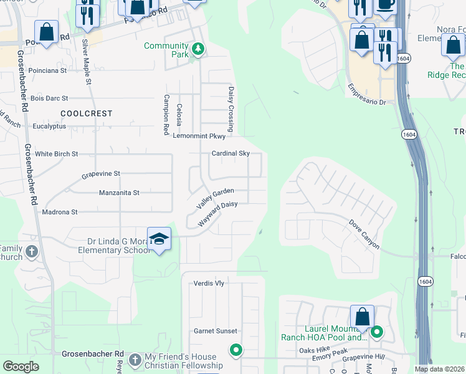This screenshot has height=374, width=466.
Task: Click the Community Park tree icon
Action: pos(197,49)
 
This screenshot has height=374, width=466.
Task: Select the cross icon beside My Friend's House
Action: pos(135,360)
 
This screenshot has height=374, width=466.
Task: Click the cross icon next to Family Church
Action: pos(32,252)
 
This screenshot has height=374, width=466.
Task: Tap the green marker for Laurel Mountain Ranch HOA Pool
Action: pos(376,332)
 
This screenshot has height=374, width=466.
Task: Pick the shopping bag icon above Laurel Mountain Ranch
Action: pos(362,316)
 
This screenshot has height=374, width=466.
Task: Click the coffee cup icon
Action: pos(384,5)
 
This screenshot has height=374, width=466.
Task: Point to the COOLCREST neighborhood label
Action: pos(87,113)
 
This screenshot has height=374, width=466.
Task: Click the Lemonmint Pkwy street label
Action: pos(199,136)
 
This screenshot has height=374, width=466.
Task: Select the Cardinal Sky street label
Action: pos(231,153)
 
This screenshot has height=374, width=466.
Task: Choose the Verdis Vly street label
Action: pos(209,283)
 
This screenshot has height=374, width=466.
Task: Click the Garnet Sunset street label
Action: pos(215,331)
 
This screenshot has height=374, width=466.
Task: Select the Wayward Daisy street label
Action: pos(217,213)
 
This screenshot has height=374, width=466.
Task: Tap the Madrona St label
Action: pos(59,212)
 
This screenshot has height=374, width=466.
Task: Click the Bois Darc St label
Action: pos(49,98)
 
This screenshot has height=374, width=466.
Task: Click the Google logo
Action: pos(21,366)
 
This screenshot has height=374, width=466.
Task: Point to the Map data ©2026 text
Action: pos(439,369)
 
